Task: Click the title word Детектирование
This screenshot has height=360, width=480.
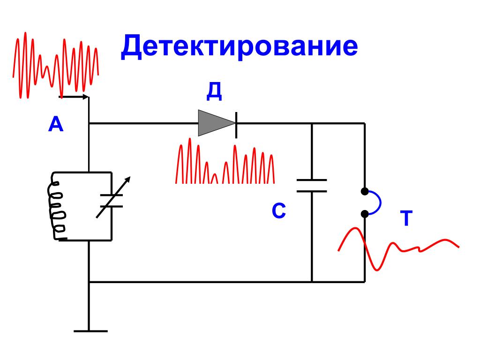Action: (240, 46)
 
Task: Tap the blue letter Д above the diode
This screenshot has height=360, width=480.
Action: (214, 91)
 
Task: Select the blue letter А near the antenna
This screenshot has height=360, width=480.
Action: (56, 124)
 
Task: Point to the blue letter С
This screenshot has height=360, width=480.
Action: (278, 210)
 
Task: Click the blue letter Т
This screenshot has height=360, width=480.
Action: (406, 218)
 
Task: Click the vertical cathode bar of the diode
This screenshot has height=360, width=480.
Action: (236, 125)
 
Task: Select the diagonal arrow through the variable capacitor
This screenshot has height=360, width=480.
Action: (113, 197)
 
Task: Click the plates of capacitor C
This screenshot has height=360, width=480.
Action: (312, 186)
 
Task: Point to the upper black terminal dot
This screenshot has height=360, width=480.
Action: (365, 191)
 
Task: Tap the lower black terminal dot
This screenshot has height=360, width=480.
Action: (365, 214)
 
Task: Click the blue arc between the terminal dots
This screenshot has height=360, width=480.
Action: (375, 202)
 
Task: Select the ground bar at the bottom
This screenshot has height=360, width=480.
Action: (90, 331)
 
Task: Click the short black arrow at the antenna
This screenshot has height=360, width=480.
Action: (74, 97)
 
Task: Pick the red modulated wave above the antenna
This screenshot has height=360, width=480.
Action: (56, 65)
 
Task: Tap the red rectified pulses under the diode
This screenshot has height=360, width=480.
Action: (225, 161)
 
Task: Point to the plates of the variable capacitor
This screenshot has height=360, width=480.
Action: (112, 201)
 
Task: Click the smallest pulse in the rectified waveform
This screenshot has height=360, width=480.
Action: (215, 179)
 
